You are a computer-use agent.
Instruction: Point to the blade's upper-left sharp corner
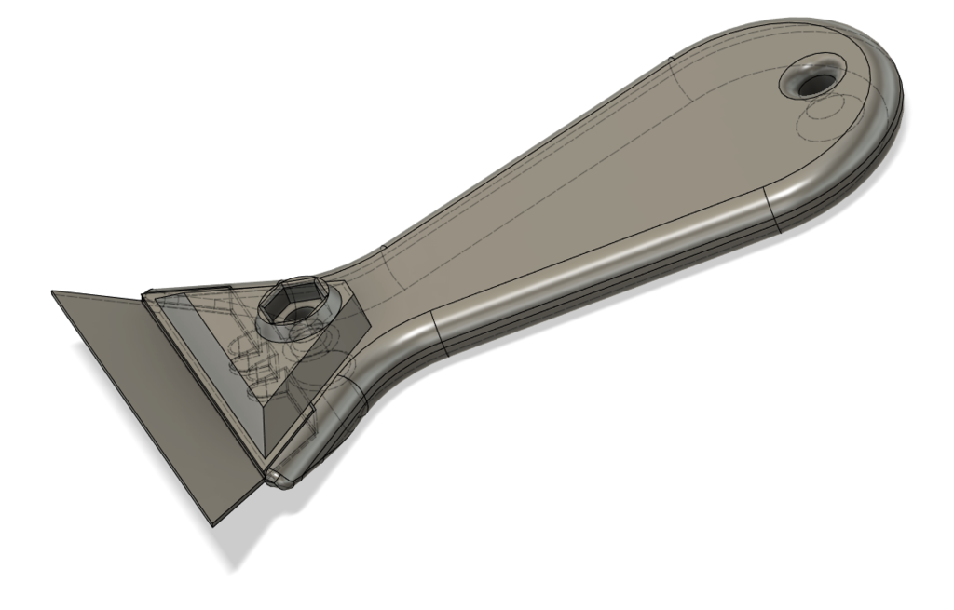click(52, 291)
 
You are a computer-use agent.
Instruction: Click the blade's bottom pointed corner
click(212, 525)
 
